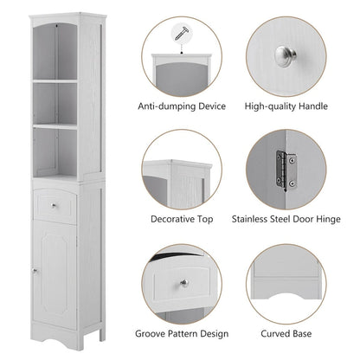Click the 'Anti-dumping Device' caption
[x=182, y=106]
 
